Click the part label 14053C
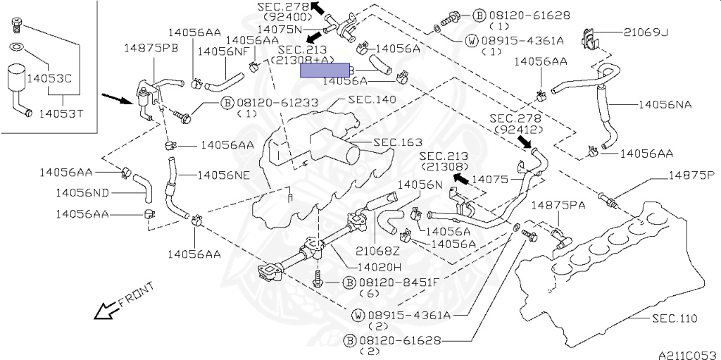[x=49, y=80]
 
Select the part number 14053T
[x=61, y=113]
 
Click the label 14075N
[x=280, y=30]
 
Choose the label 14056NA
[x=665, y=104]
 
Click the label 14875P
[x=691, y=174]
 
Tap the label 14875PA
[x=558, y=205]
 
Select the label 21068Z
[x=377, y=250]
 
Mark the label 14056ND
[x=82, y=192]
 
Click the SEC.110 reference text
[x=675, y=319]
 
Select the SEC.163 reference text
[x=397, y=142]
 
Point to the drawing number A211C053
[x=687, y=354]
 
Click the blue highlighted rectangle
[x=324, y=70]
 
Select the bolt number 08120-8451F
[x=401, y=283]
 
